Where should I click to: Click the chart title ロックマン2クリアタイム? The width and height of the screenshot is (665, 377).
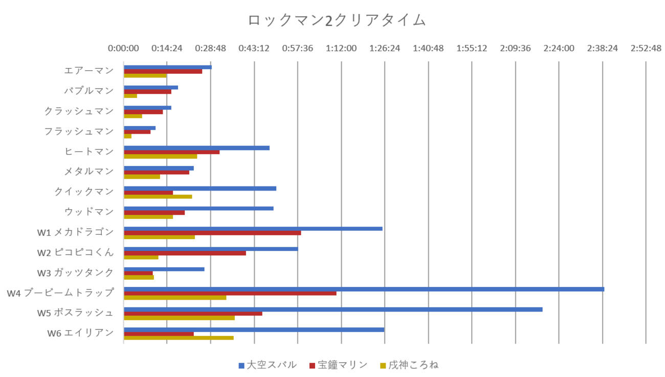337,20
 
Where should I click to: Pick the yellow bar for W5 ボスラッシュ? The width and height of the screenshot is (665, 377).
179,318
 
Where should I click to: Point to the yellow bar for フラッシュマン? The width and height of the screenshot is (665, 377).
127,136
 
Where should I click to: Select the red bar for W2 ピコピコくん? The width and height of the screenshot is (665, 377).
185,253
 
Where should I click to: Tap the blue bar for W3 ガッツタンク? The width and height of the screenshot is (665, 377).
164,269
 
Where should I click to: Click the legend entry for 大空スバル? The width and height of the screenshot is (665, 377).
267,365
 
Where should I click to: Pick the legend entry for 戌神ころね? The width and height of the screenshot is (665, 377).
409,365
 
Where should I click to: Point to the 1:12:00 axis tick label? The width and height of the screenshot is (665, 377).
341,48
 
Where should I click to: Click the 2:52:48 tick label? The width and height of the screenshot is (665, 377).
646,48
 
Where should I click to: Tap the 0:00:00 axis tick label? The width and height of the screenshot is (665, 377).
123,48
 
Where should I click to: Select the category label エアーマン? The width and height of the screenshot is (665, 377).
89,71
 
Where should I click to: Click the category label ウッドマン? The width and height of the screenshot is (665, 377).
89,212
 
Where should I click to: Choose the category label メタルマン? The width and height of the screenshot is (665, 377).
89,172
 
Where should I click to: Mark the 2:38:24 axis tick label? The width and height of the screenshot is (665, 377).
603,48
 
